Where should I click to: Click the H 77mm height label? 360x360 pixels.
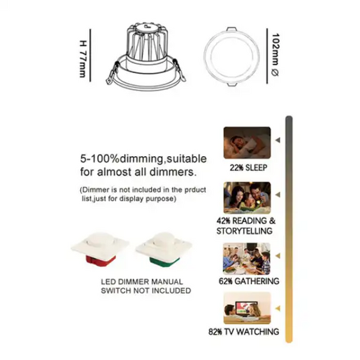83,59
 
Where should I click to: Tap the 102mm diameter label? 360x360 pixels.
275,55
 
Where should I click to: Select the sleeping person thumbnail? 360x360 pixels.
247,143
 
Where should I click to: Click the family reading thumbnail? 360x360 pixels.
247,198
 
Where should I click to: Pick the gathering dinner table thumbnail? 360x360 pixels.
247,259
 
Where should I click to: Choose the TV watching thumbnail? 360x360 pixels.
247,308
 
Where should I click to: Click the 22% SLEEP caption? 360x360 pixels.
248,168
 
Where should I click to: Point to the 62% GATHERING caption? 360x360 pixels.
249,281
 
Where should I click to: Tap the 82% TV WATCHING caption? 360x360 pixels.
244,332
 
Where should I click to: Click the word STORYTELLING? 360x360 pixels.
244,231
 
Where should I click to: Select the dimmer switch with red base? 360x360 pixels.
101,250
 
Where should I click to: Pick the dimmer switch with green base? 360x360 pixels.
164,250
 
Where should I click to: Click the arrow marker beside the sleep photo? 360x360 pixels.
278,140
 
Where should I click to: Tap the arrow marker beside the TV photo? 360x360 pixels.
278,308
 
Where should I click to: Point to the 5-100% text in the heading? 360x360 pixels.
100,159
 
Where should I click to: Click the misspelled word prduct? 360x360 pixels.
195,190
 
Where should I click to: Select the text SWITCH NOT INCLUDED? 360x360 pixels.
146,290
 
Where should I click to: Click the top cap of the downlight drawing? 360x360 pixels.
147,27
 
